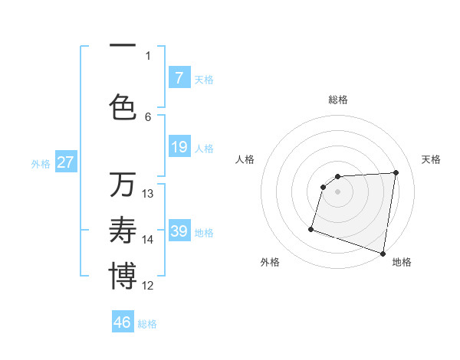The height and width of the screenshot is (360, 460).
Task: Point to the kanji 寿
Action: point(123,231)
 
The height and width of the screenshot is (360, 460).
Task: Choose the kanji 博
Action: point(123,277)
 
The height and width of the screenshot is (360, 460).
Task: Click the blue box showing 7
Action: point(179,77)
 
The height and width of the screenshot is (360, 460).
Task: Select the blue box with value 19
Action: point(179,147)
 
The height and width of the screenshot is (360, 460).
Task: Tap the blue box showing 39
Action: point(179,231)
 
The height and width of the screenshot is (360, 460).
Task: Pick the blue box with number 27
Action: point(65,162)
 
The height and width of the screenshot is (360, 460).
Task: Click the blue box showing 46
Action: point(123,322)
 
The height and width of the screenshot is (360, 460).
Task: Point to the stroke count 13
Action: point(148,194)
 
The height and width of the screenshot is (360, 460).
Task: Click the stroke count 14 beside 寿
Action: point(148,240)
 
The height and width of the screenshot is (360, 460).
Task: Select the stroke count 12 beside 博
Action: point(148,286)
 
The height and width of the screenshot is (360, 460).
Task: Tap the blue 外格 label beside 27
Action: point(41,163)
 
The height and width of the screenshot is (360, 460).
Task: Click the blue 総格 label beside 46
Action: point(147,324)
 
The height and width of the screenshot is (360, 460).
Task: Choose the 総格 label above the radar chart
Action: point(337,100)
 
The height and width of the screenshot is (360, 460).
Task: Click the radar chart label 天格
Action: point(431,159)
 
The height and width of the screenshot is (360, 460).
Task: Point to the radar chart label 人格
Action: point(245,159)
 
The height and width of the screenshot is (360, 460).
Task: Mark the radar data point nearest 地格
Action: point(383,253)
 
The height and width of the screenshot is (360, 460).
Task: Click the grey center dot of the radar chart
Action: point(337,192)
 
